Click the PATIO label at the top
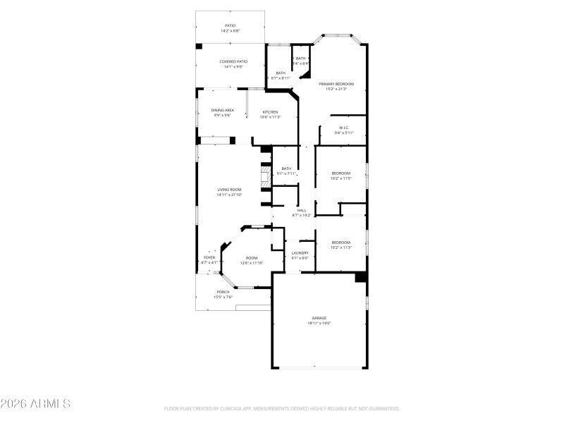[230, 25]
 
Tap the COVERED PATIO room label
[233, 61]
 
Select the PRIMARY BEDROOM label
[336, 84]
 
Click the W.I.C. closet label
[341, 128]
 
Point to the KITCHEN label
[271, 112]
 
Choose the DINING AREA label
[222, 110]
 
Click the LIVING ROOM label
[229, 190]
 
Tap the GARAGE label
[319, 318]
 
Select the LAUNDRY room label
[300, 252]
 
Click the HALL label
[301, 210]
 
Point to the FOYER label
[209, 257]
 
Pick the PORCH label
[223, 292]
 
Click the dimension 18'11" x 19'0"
[319, 324]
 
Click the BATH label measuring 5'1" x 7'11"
[286, 168]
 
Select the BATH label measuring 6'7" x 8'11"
[281, 73]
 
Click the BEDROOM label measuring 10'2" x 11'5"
[341, 173]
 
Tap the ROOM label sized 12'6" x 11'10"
[252, 257]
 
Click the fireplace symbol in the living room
[265, 178]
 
